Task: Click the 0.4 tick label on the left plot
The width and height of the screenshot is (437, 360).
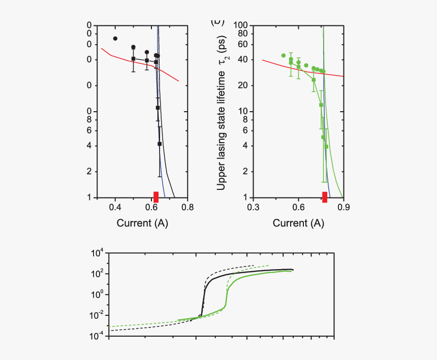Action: pyautogui.click(x=115, y=208)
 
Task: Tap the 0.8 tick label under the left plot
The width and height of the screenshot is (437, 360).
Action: pyautogui.click(x=188, y=208)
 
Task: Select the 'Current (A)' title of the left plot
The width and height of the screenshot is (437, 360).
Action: pyautogui.click(x=142, y=223)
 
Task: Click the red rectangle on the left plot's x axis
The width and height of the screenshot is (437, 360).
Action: pyautogui.click(x=156, y=197)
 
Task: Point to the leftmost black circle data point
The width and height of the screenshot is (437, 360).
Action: pyautogui.click(x=115, y=39)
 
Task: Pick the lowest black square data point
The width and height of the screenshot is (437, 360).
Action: pyautogui.click(x=160, y=144)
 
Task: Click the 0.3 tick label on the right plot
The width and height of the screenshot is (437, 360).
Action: pyautogui.click(x=253, y=208)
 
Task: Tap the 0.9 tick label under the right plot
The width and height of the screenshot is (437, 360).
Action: pyautogui.click(x=344, y=208)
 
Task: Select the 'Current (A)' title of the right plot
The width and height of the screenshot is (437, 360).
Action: pyautogui.click(x=298, y=223)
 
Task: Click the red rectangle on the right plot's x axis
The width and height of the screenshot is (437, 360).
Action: pyautogui.click(x=325, y=197)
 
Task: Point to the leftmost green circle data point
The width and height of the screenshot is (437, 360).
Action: pyautogui.click(x=284, y=55)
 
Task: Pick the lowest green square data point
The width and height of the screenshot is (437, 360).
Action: pyautogui.click(x=326, y=147)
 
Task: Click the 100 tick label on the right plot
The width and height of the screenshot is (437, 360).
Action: pyautogui.click(x=240, y=25)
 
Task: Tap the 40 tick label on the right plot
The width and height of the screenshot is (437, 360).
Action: pyautogui.click(x=242, y=59)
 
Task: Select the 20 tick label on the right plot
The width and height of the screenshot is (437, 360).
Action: pyautogui.click(x=242, y=85)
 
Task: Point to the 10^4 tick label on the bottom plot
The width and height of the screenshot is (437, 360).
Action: pyautogui.click(x=97, y=253)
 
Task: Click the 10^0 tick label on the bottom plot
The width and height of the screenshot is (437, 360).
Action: pyautogui.click(x=97, y=294)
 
